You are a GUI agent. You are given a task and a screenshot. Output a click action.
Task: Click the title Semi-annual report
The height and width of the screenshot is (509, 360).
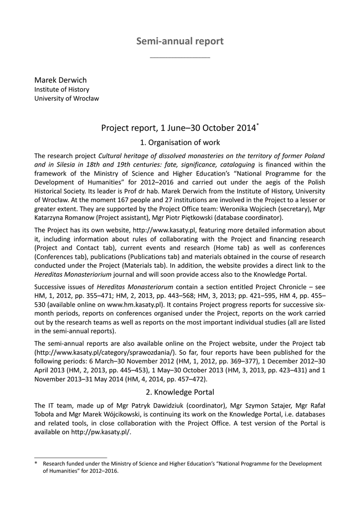point(180,41)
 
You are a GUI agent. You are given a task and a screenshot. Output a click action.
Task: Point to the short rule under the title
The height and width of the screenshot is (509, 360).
point(180,58)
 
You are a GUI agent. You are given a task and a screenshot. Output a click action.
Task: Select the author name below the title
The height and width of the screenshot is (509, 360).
point(60,80)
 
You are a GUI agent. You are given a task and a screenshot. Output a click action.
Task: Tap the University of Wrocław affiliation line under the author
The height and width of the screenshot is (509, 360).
point(66,98)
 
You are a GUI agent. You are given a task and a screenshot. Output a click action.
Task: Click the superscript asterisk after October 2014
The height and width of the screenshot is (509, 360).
point(257,125)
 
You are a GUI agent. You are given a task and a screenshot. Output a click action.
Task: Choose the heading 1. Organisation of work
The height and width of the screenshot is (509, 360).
point(180,143)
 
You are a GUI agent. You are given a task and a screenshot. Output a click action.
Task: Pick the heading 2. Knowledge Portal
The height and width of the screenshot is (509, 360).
point(180,392)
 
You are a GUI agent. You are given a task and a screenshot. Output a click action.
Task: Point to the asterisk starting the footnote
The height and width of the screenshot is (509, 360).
point(36,464)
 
